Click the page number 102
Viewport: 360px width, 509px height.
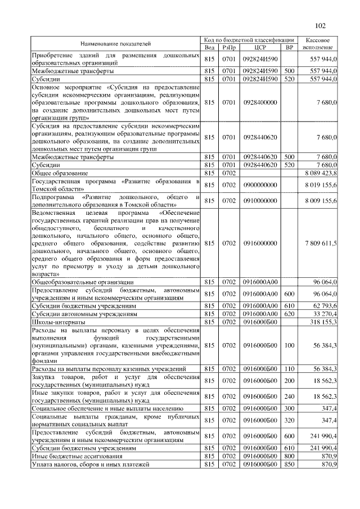(x=320, y=26)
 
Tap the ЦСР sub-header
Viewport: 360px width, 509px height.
(x=259, y=47)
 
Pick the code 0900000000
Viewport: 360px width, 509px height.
(x=259, y=186)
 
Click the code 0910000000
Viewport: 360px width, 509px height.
(x=259, y=201)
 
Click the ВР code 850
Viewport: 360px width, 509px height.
(x=289, y=464)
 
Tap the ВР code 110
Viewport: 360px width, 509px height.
(x=289, y=368)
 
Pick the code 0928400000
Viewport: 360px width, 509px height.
(x=259, y=103)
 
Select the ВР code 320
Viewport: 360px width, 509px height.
(x=289, y=420)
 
